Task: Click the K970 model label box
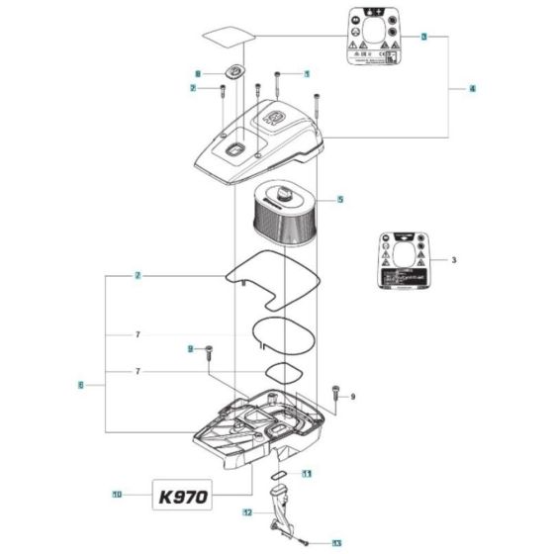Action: point(180,495)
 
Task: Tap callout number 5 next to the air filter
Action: point(340,200)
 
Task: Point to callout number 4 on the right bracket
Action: point(472,89)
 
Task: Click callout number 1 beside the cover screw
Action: point(307,74)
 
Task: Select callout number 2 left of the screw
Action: point(194,89)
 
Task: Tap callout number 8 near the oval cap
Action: point(198,74)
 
